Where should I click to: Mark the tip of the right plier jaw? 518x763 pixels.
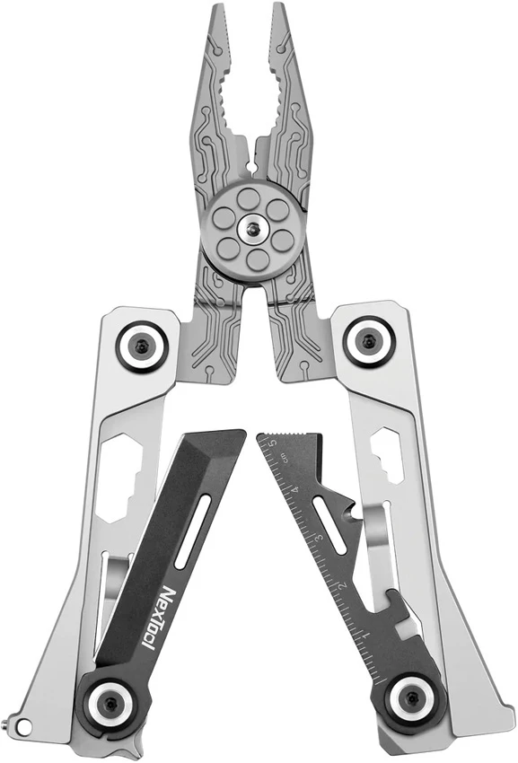pos(278,13)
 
